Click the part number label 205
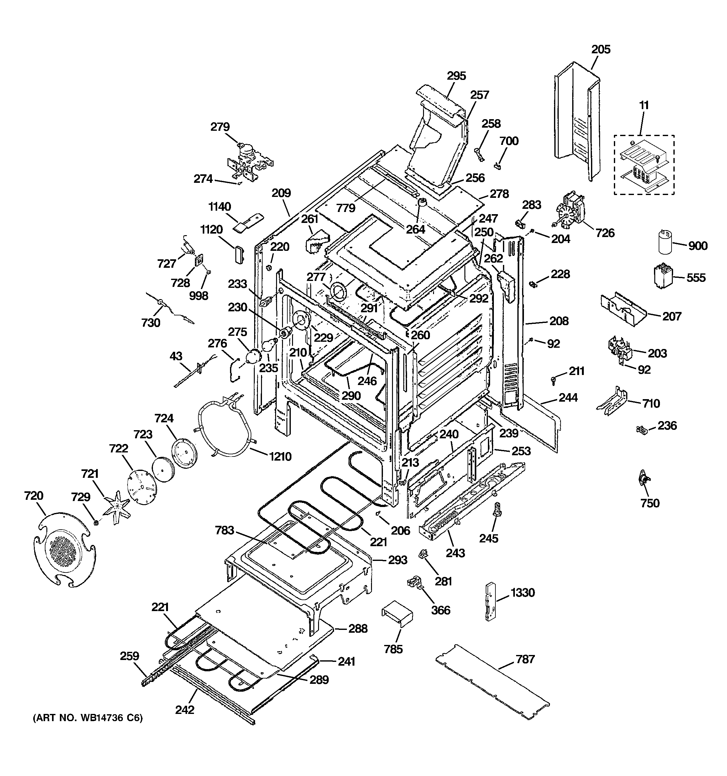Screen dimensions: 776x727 pyautogui.click(x=601, y=50)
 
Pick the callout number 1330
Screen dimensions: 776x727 pyautogui.click(x=523, y=593)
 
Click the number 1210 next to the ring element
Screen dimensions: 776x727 pyautogui.click(x=280, y=456)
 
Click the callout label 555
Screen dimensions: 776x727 pyautogui.click(x=696, y=277)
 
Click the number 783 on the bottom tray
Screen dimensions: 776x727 pyautogui.click(x=224, y=531)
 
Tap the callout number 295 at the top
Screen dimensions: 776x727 pyautogui.click(x=456, y=76)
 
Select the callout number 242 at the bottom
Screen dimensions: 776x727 pyautogui.click(x=185, y=709)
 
